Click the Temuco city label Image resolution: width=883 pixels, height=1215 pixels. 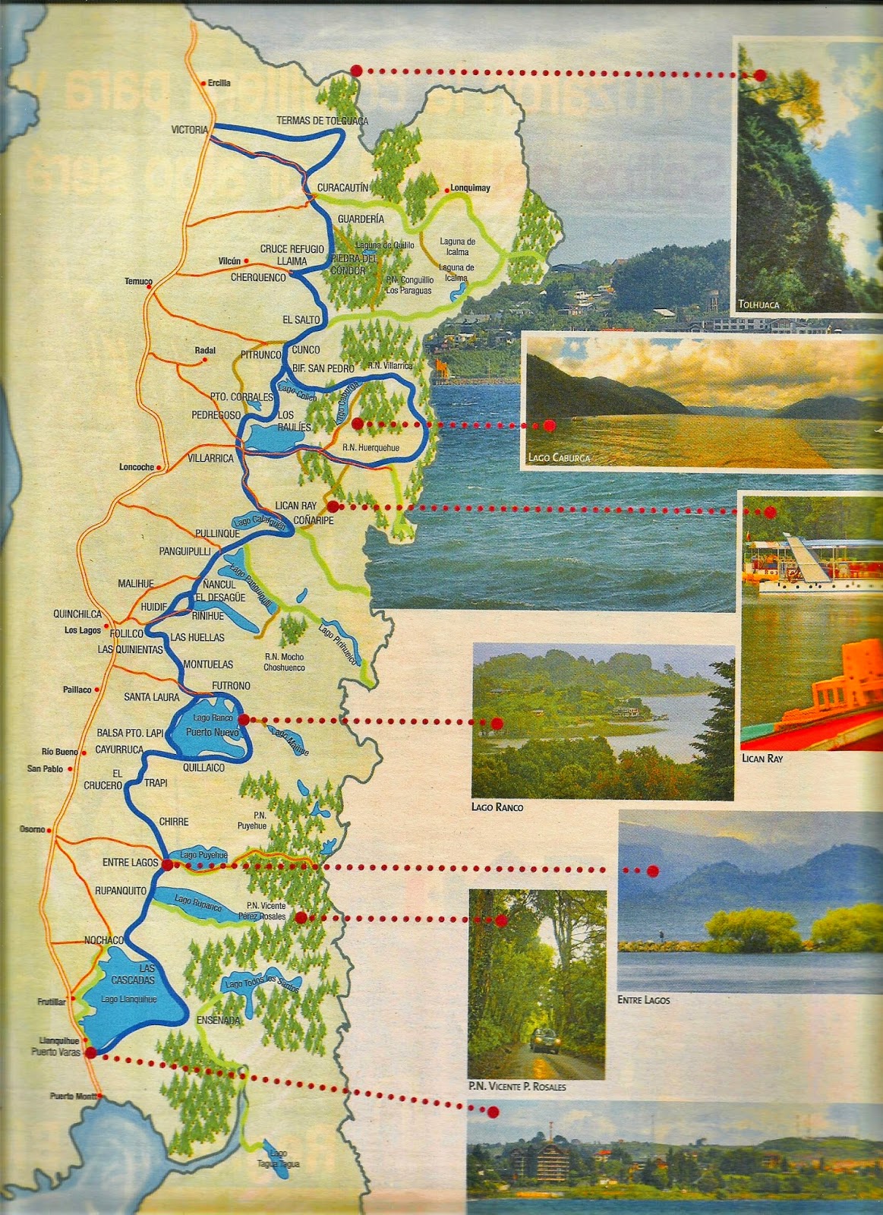click(138, 281)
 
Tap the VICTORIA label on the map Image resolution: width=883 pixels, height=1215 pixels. click(189, 130)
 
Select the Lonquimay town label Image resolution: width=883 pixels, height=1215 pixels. click(470, 188)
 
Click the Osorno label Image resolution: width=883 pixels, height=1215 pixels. click(33, 829)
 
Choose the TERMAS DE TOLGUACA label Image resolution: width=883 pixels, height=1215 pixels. click(322, 121)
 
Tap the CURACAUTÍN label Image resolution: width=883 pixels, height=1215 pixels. click(342, 188)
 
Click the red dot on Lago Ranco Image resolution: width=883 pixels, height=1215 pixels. click(243, 719)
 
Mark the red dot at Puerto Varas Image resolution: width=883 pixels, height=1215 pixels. click(90, 1052)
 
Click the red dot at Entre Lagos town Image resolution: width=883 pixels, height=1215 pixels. click(166, 865)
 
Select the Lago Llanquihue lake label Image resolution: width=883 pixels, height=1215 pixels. click(128, 999)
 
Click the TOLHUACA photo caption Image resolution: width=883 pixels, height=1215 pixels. click(758, 305)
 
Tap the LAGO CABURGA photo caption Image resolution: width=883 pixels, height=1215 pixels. click(559, 458)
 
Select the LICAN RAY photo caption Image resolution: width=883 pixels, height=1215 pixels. click(762, 758)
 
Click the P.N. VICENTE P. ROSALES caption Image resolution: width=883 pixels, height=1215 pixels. click(517, 1087)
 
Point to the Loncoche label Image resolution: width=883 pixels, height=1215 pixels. click(137, 467)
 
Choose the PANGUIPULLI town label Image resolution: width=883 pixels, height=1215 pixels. click(184, 551)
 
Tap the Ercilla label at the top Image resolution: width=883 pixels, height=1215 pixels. click(219, 83)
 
